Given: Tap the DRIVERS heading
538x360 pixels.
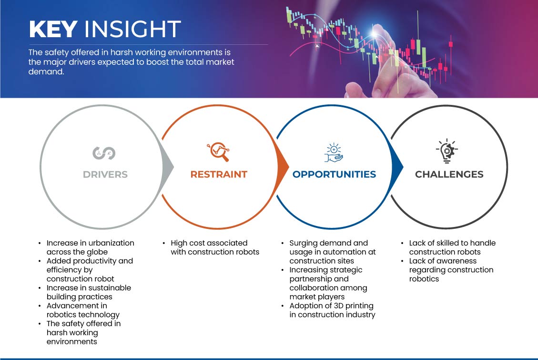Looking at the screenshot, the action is coord(105,175).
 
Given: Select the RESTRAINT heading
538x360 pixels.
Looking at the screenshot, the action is coord(219,175).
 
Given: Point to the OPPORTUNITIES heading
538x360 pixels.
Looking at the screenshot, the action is coord(334,175).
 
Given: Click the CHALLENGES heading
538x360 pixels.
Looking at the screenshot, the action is coord(449,175).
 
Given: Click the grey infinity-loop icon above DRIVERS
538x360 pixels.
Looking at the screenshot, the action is coord(104,153).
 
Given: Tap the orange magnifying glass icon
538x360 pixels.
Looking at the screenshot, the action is coord(218,151).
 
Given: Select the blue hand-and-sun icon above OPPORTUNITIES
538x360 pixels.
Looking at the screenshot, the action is coord(334,153).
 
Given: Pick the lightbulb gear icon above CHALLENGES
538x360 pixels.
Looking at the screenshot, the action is coord(447,151).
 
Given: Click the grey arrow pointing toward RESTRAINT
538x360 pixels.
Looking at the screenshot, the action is coord(168,167).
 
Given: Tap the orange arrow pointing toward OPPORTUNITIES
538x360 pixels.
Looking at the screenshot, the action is coord(283,167).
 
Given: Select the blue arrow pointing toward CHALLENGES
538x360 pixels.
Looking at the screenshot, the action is coord(397,167).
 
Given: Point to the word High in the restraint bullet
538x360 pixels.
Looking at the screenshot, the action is coord(179,243).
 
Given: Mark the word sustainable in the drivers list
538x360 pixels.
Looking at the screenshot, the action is coord(110,288).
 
